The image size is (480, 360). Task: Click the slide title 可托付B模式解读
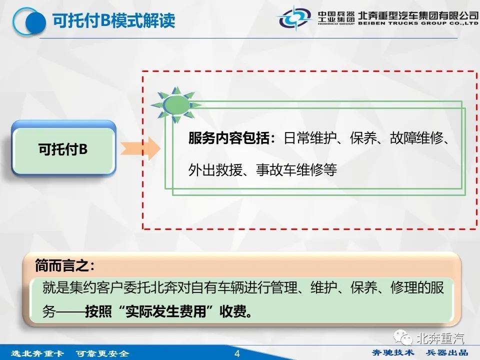[x=113, y=21]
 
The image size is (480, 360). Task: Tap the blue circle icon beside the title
[x=29, y=22]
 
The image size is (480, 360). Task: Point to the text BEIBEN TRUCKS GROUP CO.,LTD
[x=418, y=23]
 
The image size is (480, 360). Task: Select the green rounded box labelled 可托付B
[x=63, y=148]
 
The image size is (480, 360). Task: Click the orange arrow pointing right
[x=140, y=149]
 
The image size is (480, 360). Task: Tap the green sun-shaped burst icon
[x=176, y=104]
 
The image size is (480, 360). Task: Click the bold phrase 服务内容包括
[x=228, y=138]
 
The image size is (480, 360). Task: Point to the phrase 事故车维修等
[x=296, y=170]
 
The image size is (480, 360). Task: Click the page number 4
[x=237, y=353]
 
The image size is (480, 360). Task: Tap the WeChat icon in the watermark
[x=403, y=337]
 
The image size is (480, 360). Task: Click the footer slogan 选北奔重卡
[x=37, y=353]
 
